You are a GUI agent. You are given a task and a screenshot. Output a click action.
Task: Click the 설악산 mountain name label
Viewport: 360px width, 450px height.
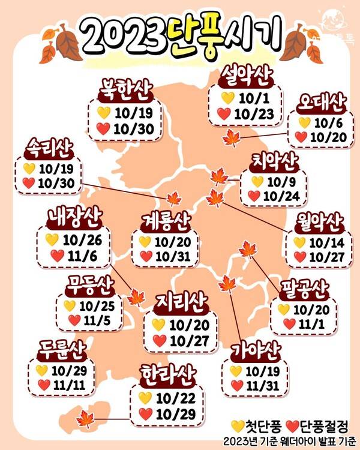tap(246, 77)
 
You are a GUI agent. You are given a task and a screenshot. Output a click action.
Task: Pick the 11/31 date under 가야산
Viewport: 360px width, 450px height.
tap(259, 385)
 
